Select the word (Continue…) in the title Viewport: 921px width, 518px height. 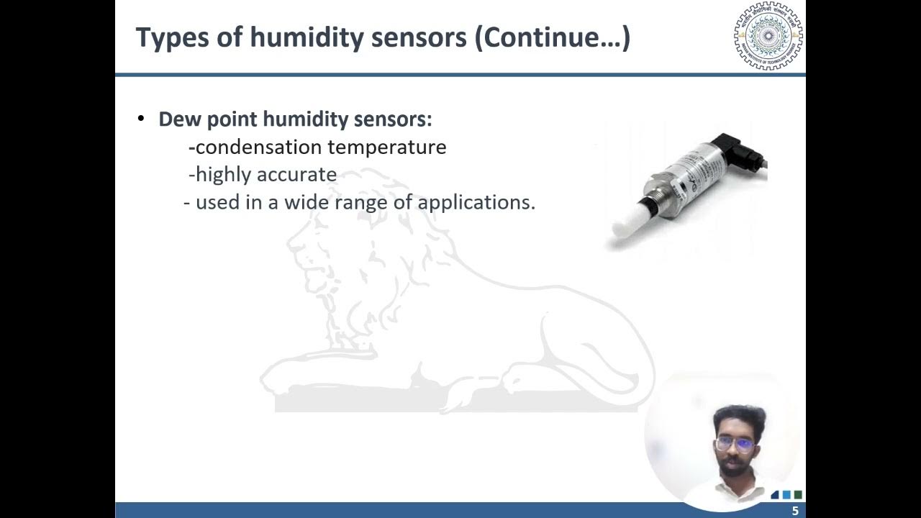pyautogui.click(x=552, y=38)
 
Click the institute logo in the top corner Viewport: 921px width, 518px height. pyautogui.click(x=768, y=36)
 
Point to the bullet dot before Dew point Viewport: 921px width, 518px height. pyautogui.click(x=141, y=118)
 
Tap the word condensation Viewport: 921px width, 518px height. pyautogui.click(x=258, y=147)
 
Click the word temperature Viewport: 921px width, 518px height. pyautogui.click(x=387, y=147)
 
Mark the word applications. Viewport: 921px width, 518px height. pyautogui.click(x=476, y=203)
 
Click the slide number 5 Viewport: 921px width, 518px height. pyautogui.click(x=795, y=511)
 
